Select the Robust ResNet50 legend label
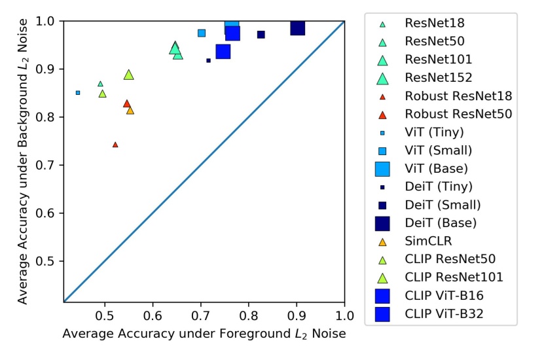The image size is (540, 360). click(458, 114)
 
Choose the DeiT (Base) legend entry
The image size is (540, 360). click(441, 223)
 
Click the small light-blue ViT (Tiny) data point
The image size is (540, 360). click(78, 92)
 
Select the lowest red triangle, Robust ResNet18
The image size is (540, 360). click(115, 145)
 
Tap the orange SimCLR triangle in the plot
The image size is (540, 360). click(130, 111)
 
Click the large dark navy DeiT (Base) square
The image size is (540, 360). click(298, 28)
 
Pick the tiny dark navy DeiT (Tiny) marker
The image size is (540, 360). click(208, 60)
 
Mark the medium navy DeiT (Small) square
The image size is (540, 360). click(261, 35)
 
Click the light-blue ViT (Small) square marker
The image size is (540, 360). click(202, 33)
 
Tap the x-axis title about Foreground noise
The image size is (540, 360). click(204, 334)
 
